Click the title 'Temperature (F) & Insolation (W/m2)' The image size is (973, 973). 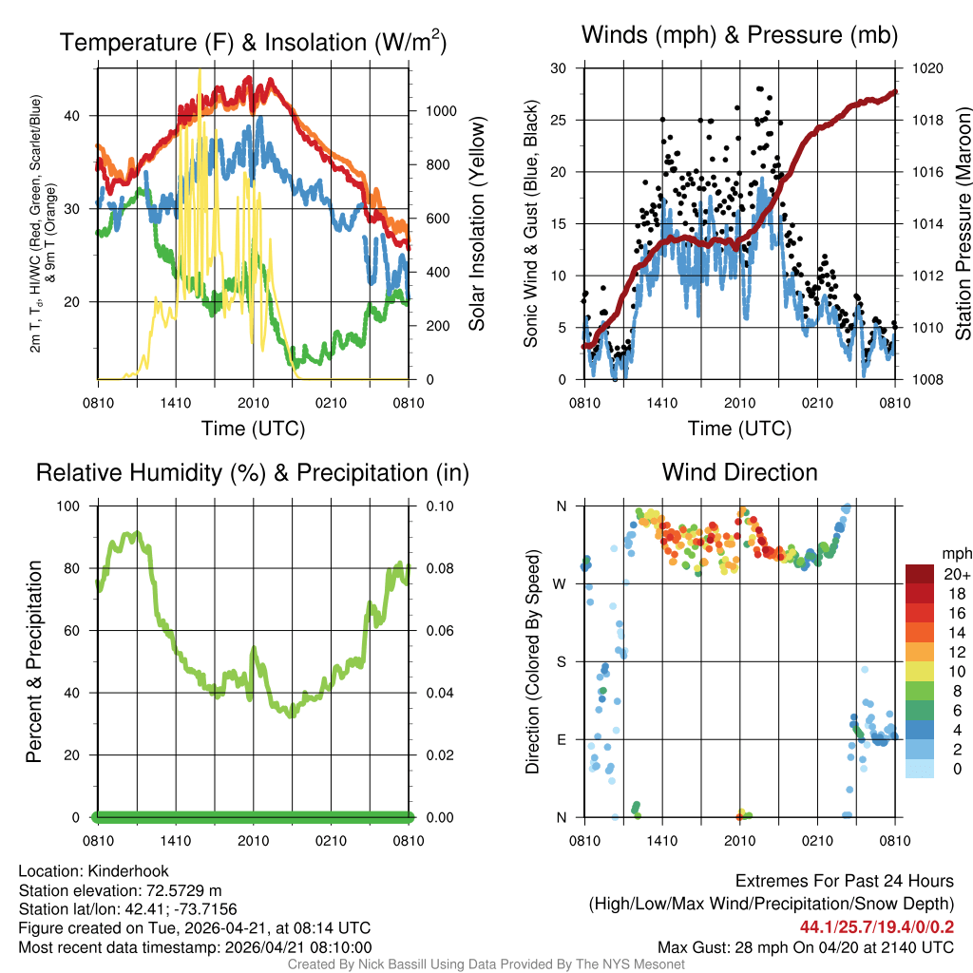pyautogui.click(x=253, y=42)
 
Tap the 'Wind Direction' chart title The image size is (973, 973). pyautogui.click(x=739, y=472)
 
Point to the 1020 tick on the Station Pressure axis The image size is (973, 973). pyautogui.click(x=927, y=68)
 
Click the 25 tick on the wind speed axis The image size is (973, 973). pyautogui.click(x=561, y=121)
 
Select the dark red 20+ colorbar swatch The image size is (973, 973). pyautogui.click(x=920, y=575)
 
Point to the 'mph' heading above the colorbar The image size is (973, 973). pyautogui.click(x=954, y=553)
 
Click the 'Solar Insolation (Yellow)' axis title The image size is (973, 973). pyautogui.click(x=476, y=224)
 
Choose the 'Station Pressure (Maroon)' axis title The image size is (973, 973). pyautogui.click(x=963, y=224)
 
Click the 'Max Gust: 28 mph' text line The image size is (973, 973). pyautogui.click(x=806, y=946)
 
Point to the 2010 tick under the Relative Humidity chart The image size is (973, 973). pyautogui.click(x=253, y=840)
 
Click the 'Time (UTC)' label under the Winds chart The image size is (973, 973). pyautogui.click(x=739, y=429)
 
